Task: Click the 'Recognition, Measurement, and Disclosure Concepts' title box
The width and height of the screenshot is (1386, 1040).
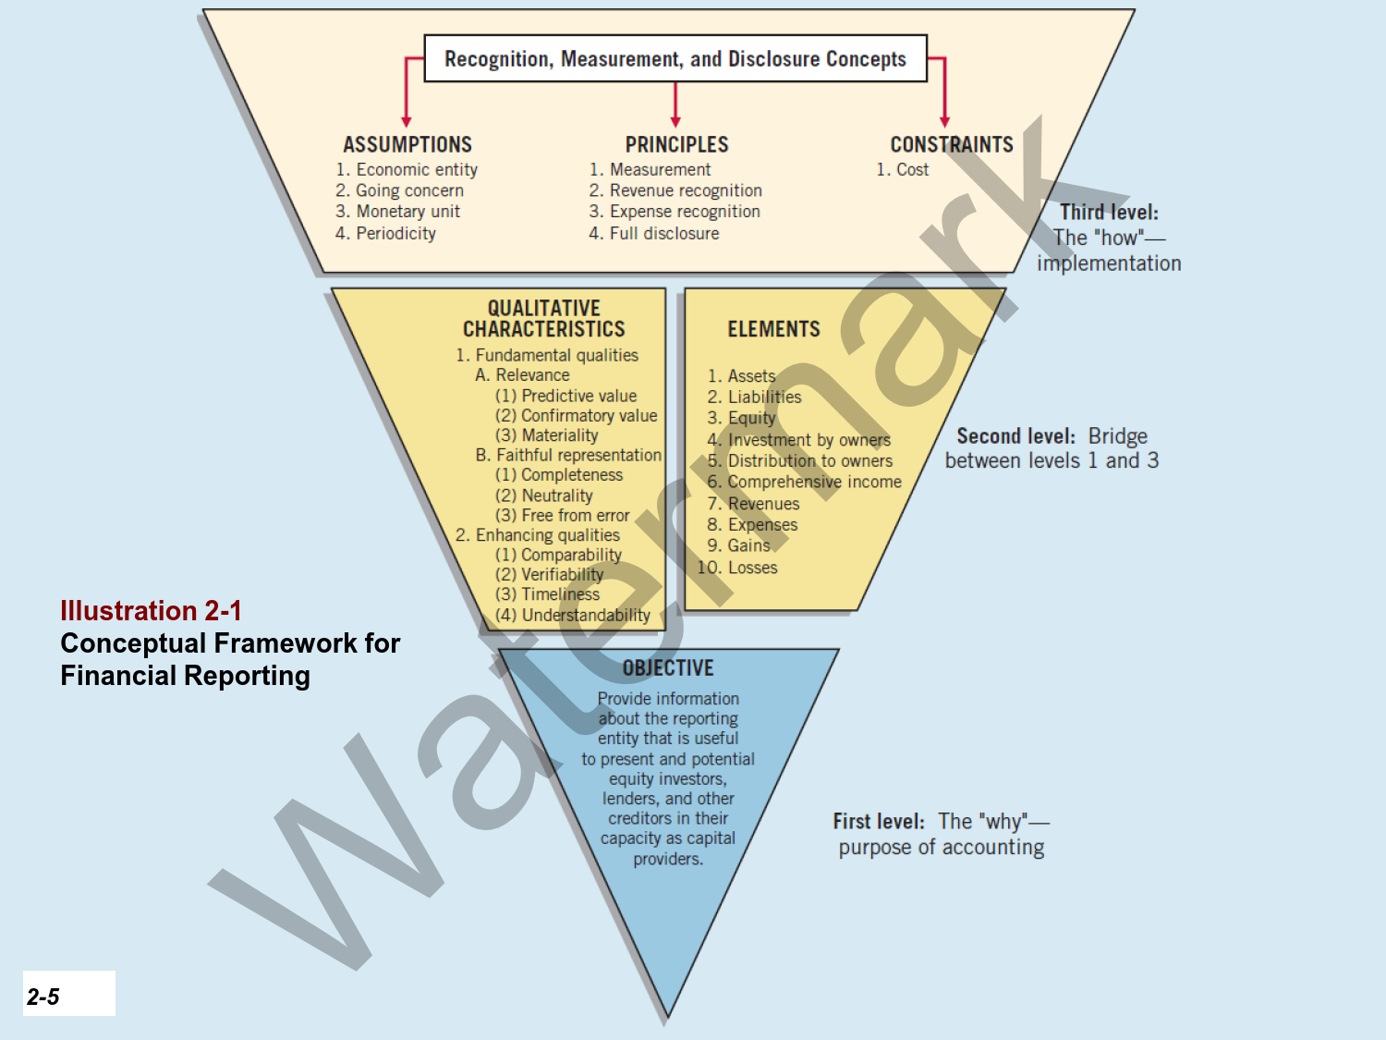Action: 675,58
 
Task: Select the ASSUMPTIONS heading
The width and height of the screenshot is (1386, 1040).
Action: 407,144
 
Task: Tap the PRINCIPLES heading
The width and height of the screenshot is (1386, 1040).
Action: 676,144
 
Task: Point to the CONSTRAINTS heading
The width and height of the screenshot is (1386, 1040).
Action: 951,144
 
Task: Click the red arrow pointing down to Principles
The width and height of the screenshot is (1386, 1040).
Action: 675,106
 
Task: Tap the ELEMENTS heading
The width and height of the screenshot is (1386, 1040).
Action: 773,329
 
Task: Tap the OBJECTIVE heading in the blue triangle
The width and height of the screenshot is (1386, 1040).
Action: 668,667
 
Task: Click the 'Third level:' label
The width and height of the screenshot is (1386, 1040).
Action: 1109,212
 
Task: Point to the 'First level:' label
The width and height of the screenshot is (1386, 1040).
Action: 879,821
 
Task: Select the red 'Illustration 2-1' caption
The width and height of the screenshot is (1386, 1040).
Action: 151,611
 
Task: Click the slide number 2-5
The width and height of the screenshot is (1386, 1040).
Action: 43,997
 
